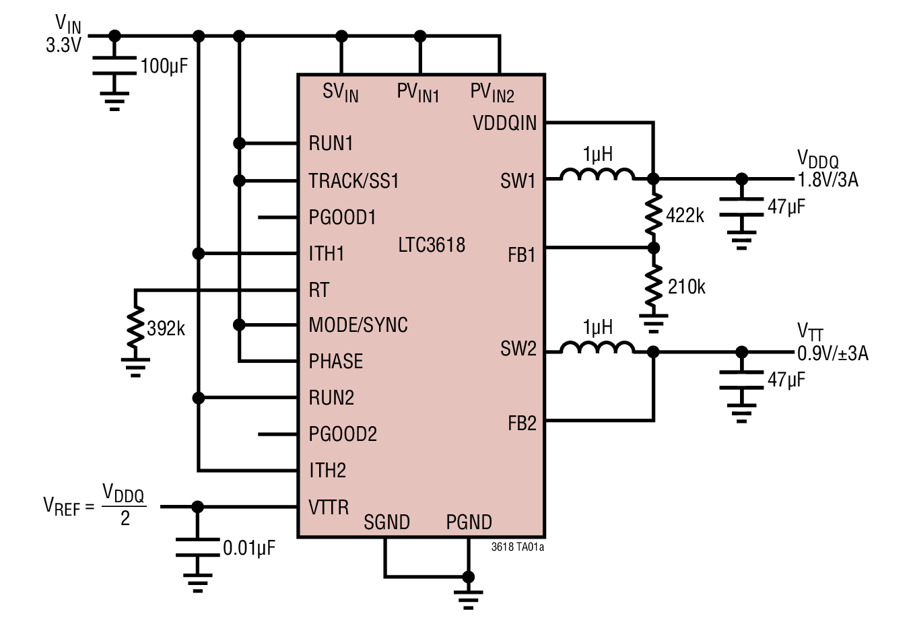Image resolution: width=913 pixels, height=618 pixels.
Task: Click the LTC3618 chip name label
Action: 432,244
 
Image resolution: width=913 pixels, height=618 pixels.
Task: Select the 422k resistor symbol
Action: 653,213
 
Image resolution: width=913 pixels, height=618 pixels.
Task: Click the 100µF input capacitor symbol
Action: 114,65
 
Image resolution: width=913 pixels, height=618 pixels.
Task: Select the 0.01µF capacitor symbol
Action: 197,547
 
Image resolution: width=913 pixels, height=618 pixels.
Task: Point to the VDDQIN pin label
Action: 505,123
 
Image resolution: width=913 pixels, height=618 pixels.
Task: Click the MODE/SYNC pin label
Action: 358,325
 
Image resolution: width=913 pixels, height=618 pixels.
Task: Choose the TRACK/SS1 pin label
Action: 353,180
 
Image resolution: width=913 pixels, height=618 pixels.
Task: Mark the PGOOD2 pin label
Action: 343,434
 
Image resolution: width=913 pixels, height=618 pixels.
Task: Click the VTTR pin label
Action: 329,506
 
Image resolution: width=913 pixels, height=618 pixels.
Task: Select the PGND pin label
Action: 469,522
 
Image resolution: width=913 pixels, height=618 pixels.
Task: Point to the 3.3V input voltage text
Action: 63,46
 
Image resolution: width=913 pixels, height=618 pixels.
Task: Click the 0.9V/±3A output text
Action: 833,353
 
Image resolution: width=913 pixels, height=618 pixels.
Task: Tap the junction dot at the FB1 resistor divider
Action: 653,248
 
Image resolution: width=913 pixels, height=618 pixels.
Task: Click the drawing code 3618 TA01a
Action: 517,547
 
